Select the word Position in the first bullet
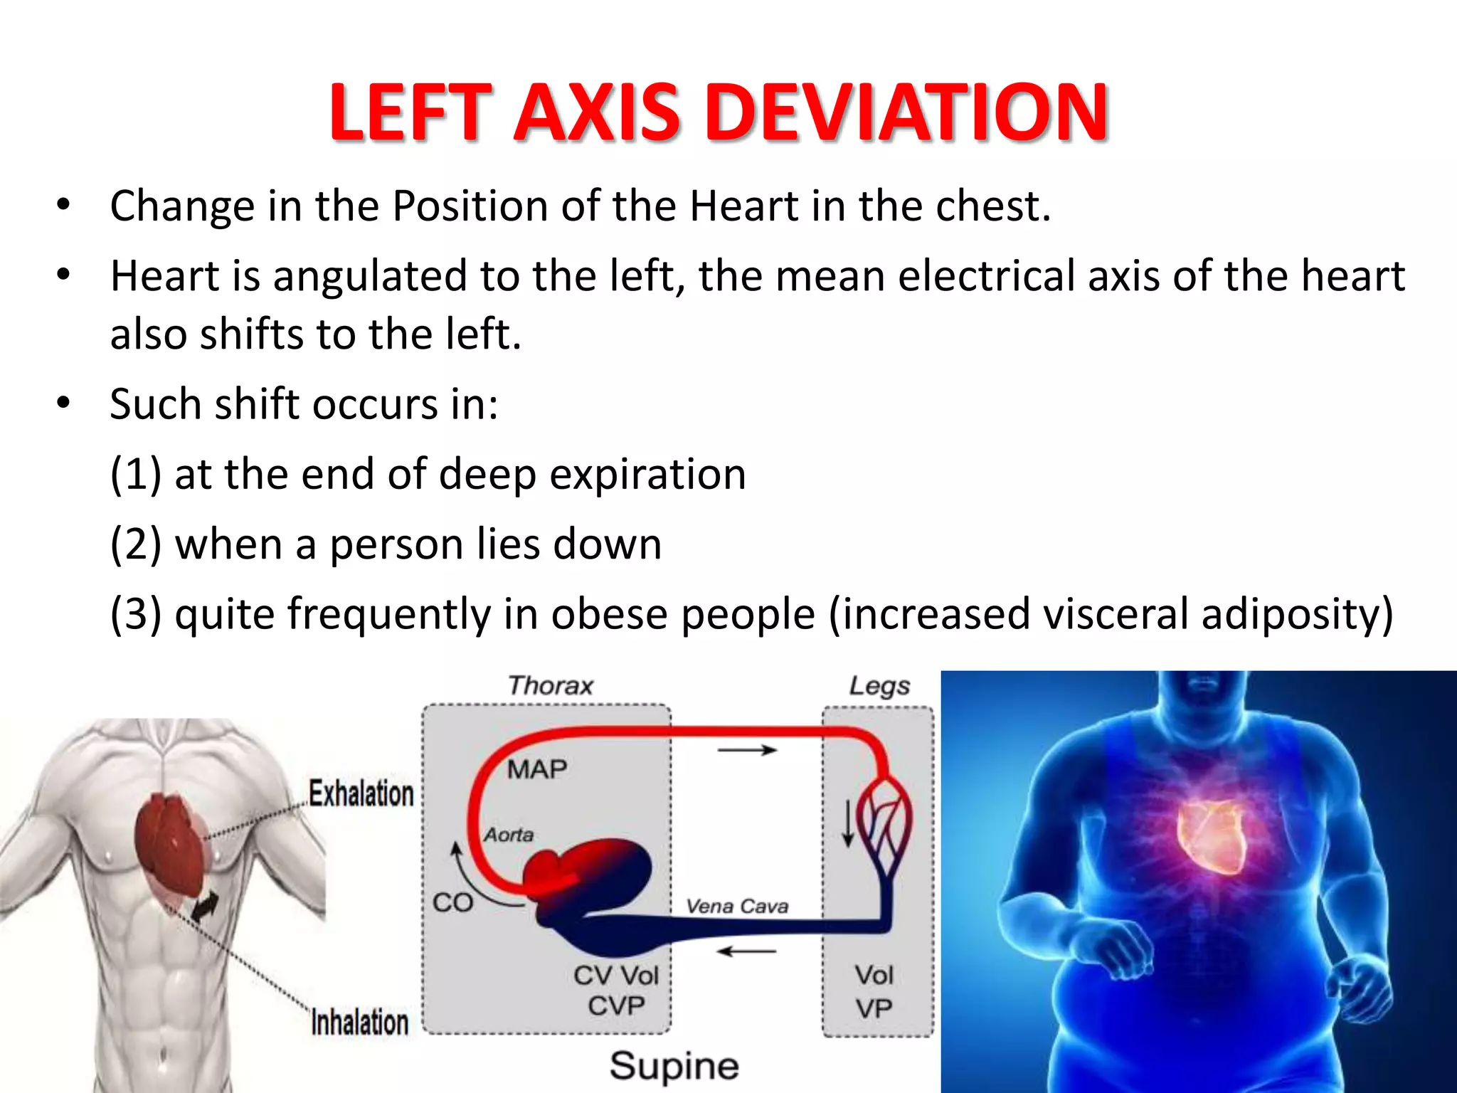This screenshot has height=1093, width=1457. tap(470, 206)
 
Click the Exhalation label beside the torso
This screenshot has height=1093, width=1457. tap(361, 793)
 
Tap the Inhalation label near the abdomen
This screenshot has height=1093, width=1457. tap(360, 1023)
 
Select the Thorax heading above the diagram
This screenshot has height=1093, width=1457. tap(550, 685)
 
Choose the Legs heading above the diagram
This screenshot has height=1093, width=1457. tap(879, 685)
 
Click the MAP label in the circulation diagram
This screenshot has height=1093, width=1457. tap(537, 769)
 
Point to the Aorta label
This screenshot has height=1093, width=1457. tap(509, 834)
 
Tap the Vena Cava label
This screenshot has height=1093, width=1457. tap(737, 906)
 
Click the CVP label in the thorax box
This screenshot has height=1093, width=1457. tap(616, 1006)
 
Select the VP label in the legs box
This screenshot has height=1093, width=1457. tap(874, 1008)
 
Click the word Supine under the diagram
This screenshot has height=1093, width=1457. tap(674, 1066)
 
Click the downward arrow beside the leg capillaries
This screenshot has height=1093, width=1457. tap(848, 823)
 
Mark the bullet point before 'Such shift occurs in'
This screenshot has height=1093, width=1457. tap(64, 403)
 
